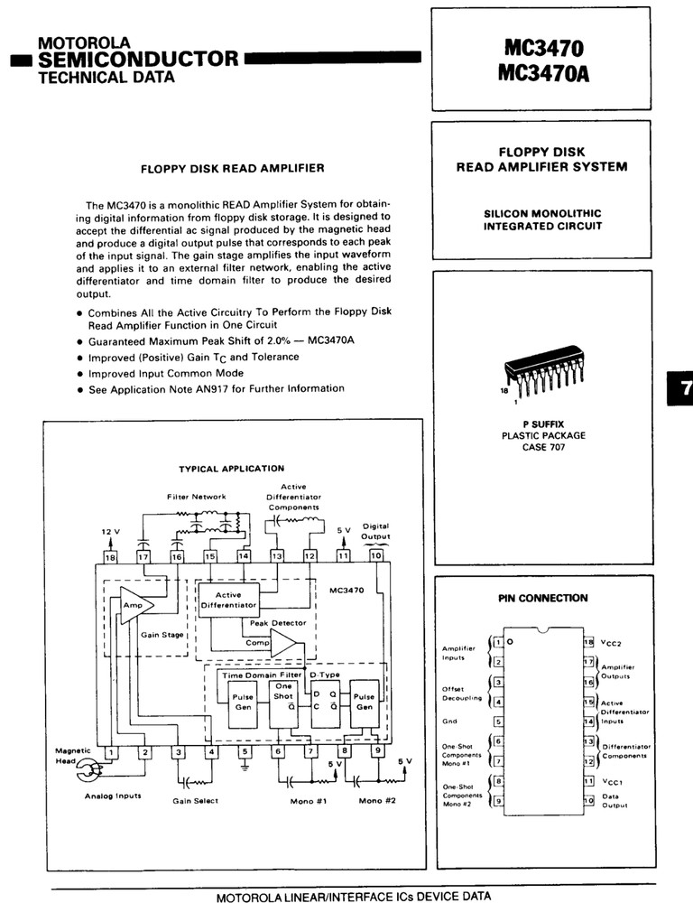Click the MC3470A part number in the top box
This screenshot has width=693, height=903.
(544, 74)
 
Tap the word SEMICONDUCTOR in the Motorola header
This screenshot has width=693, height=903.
(138, 59)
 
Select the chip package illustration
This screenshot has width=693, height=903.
(543, 368)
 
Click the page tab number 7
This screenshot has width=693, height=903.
(684, 388)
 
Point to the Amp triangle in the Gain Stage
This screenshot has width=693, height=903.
(136, 605)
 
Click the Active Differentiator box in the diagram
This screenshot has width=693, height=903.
(228, 600)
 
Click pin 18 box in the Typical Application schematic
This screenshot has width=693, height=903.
(109, 557)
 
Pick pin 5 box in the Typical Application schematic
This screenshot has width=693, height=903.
(245, 751)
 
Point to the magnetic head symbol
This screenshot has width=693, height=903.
(88, 771)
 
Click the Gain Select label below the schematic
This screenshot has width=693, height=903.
(195, 801)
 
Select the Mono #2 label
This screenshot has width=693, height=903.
(377, 800)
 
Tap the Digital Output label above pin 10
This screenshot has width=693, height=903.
(375, 531)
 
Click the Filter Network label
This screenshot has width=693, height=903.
(197, 497)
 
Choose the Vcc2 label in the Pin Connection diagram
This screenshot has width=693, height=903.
(611, 643)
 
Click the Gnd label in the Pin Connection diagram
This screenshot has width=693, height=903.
(449, 721)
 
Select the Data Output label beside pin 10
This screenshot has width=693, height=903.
(614, 800)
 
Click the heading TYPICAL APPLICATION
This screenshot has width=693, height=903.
(231, 469)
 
